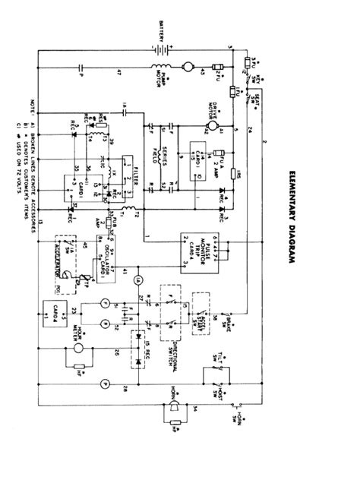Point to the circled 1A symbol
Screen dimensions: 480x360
(x=137, y=280)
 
